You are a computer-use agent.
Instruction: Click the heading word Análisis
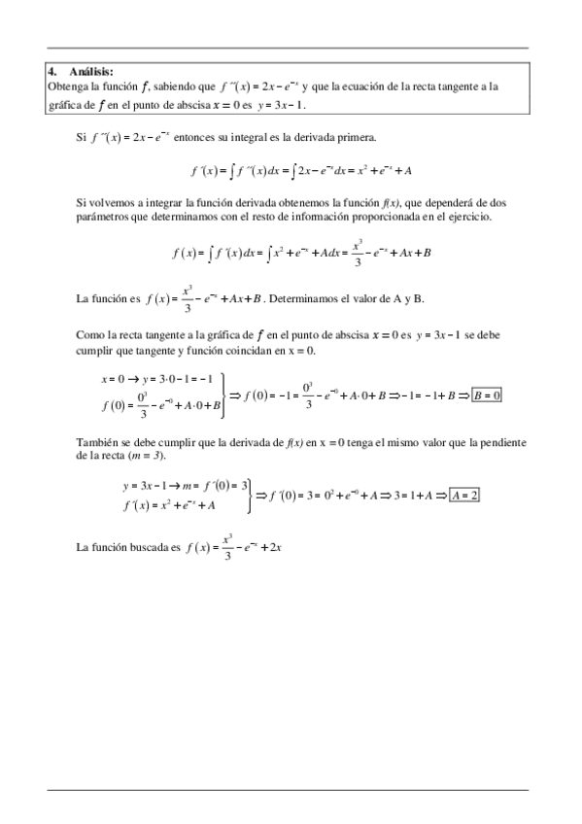tap(90, 71)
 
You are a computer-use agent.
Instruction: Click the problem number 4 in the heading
tap(51, 71)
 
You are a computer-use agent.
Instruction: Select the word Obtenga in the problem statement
tap(67, 86)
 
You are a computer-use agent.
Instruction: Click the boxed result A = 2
tap(464, 495)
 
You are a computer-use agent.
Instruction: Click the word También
tap(95, 442)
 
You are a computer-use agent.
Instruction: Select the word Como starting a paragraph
tap(88, 334)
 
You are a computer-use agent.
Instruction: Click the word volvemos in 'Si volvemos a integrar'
tap(109, 201)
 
